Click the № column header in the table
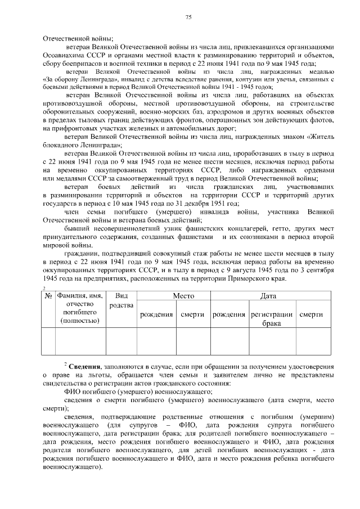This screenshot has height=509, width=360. click(x=48, y=295)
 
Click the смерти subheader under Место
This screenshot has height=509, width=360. click(x=192, y=314)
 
